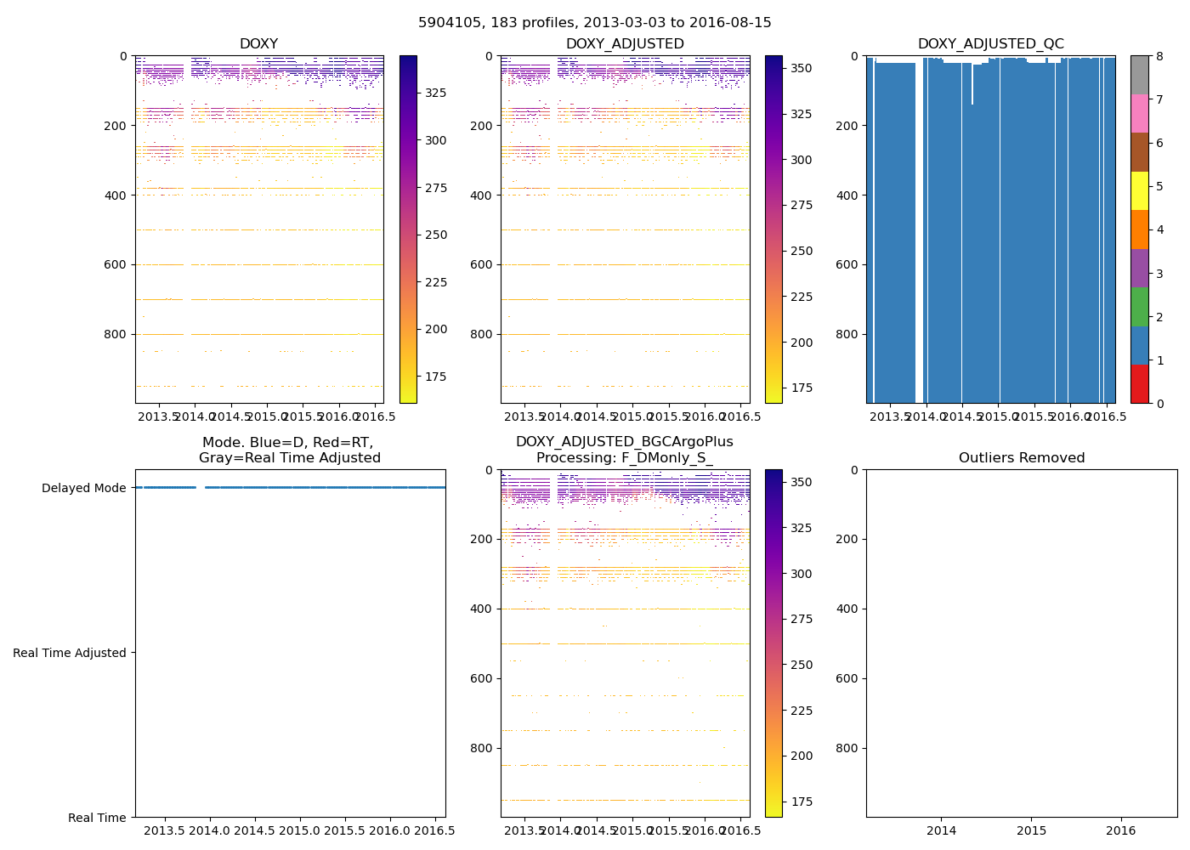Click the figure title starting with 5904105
coord(594,23)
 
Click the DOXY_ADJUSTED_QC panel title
coord(990,44)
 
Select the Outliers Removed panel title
coord(1021,458)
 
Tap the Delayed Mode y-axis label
coord(83,488)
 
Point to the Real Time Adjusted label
coord(70,653)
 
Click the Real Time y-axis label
coord(97,818)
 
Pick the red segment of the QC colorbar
coord(1139,383)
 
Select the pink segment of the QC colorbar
coord(1139,113)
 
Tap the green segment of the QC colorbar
coord(1139,306)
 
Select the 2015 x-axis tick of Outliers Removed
coord(1031,830)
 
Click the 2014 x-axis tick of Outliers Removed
coord(941,830)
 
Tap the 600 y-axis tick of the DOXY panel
coord(116,264)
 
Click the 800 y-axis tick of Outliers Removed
coord(847,748)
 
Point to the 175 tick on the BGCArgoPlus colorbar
coord(802,802)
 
